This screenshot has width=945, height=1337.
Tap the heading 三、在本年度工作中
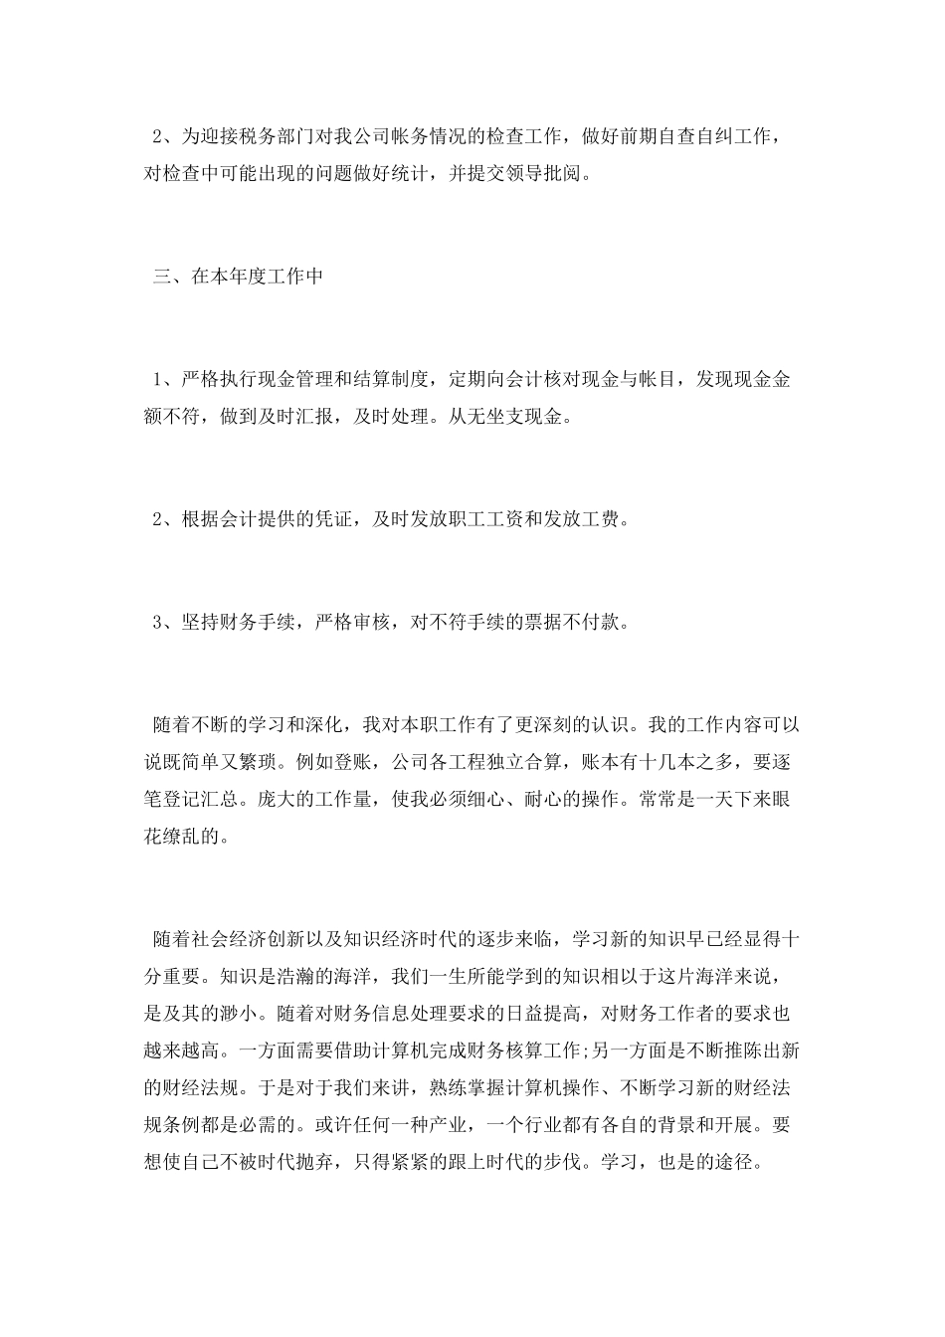click(238, 277)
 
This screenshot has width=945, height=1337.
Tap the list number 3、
click(164, 623)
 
